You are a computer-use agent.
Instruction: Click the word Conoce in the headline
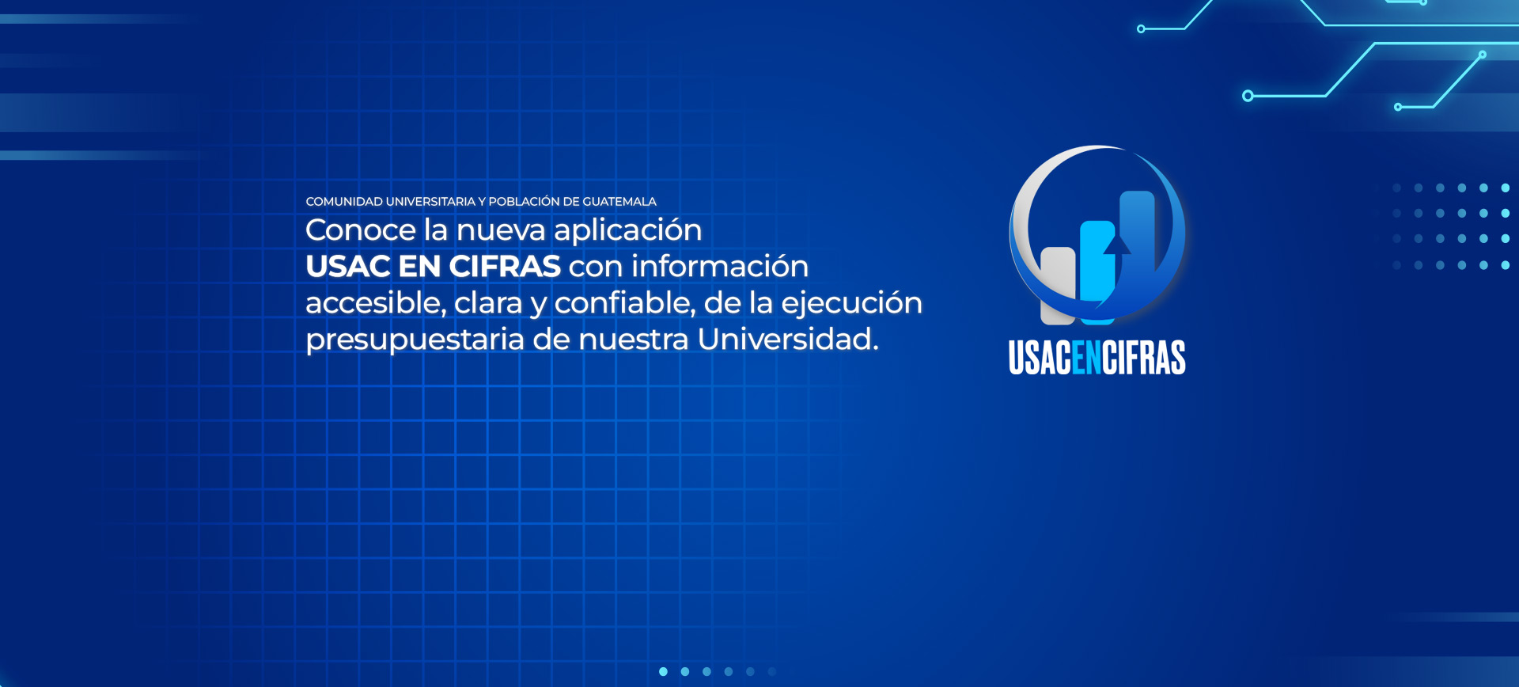pos(361,230)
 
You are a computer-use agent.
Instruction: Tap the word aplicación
pos(628,231)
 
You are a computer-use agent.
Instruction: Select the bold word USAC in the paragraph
pos(347,267)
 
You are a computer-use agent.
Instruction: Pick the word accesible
pos(376,303)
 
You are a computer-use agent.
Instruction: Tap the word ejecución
pos(851,304)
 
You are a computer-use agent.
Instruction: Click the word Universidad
pos(788,340)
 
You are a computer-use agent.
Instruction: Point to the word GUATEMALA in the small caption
pos(619,202)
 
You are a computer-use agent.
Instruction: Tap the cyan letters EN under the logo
pos(1086,358)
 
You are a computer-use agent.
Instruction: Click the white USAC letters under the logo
pos(1040,358)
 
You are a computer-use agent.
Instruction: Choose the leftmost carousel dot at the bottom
pos(663,672)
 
